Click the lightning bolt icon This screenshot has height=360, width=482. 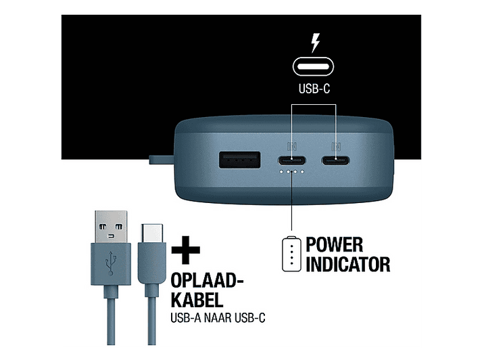(315, 43)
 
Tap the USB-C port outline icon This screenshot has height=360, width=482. (313, 66)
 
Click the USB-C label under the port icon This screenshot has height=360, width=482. (314, 89)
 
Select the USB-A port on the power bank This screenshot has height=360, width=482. (239, 160)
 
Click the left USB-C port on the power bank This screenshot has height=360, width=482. (292, 160)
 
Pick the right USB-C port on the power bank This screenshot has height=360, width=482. (335, 160)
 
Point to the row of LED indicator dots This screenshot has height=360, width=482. (292, 172)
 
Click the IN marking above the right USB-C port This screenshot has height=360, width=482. (336, 146)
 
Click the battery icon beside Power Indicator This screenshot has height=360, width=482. (291, 254)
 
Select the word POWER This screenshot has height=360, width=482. (335, 244)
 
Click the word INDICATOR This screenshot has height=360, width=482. (348, 264)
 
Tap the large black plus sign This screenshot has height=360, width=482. (186, 250)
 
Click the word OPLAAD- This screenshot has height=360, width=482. (207, 280)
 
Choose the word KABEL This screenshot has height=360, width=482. (197, 299)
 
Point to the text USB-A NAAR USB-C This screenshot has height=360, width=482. (218, 318)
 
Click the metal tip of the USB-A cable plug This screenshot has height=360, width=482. (111, 227)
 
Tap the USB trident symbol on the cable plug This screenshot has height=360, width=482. (111, 263)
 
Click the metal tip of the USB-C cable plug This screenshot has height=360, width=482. (152, 233)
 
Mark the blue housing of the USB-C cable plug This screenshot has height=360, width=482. (152, 263)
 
